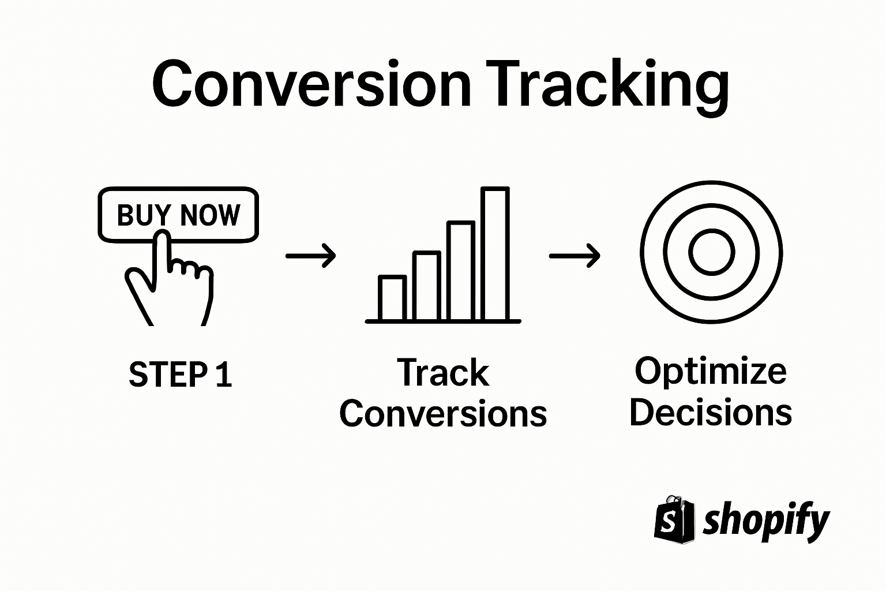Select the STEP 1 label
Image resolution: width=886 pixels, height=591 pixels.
(180, 374)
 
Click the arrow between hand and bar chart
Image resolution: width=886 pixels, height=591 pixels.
(311, 255)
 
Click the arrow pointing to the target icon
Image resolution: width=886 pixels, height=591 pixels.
(575, 255)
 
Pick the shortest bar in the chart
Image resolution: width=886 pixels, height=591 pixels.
(392, 298)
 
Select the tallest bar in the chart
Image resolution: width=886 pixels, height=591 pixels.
(495, 254)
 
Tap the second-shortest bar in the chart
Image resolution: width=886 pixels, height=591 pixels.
(427, 286)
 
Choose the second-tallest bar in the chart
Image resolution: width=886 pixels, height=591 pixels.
(461, 271)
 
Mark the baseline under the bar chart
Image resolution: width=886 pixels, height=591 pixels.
(443, 321)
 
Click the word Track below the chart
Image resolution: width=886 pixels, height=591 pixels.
(443, 373)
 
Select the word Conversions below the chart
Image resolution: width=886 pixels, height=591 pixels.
(443, 414)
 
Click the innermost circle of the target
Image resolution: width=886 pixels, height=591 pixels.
(711, 253)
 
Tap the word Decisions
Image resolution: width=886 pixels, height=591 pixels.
(711, 413)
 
